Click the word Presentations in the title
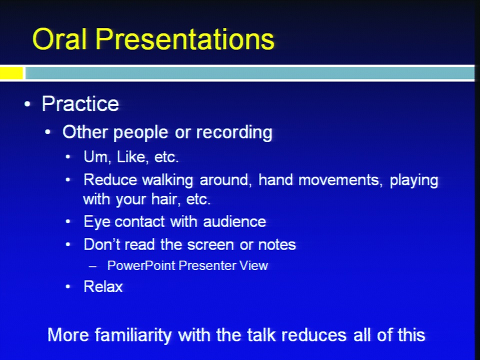(x=185, y=39)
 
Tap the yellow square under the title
(x=11, y=73)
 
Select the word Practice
(x=80, y=104)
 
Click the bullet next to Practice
(x=27, y=104)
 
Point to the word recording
(x=234, y=132)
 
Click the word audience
(x=234, y=221)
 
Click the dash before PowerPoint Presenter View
(x=93, y=266)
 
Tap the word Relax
(x=103, y=287)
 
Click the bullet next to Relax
(x=68, y=287)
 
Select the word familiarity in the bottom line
(x=133, y=335)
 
